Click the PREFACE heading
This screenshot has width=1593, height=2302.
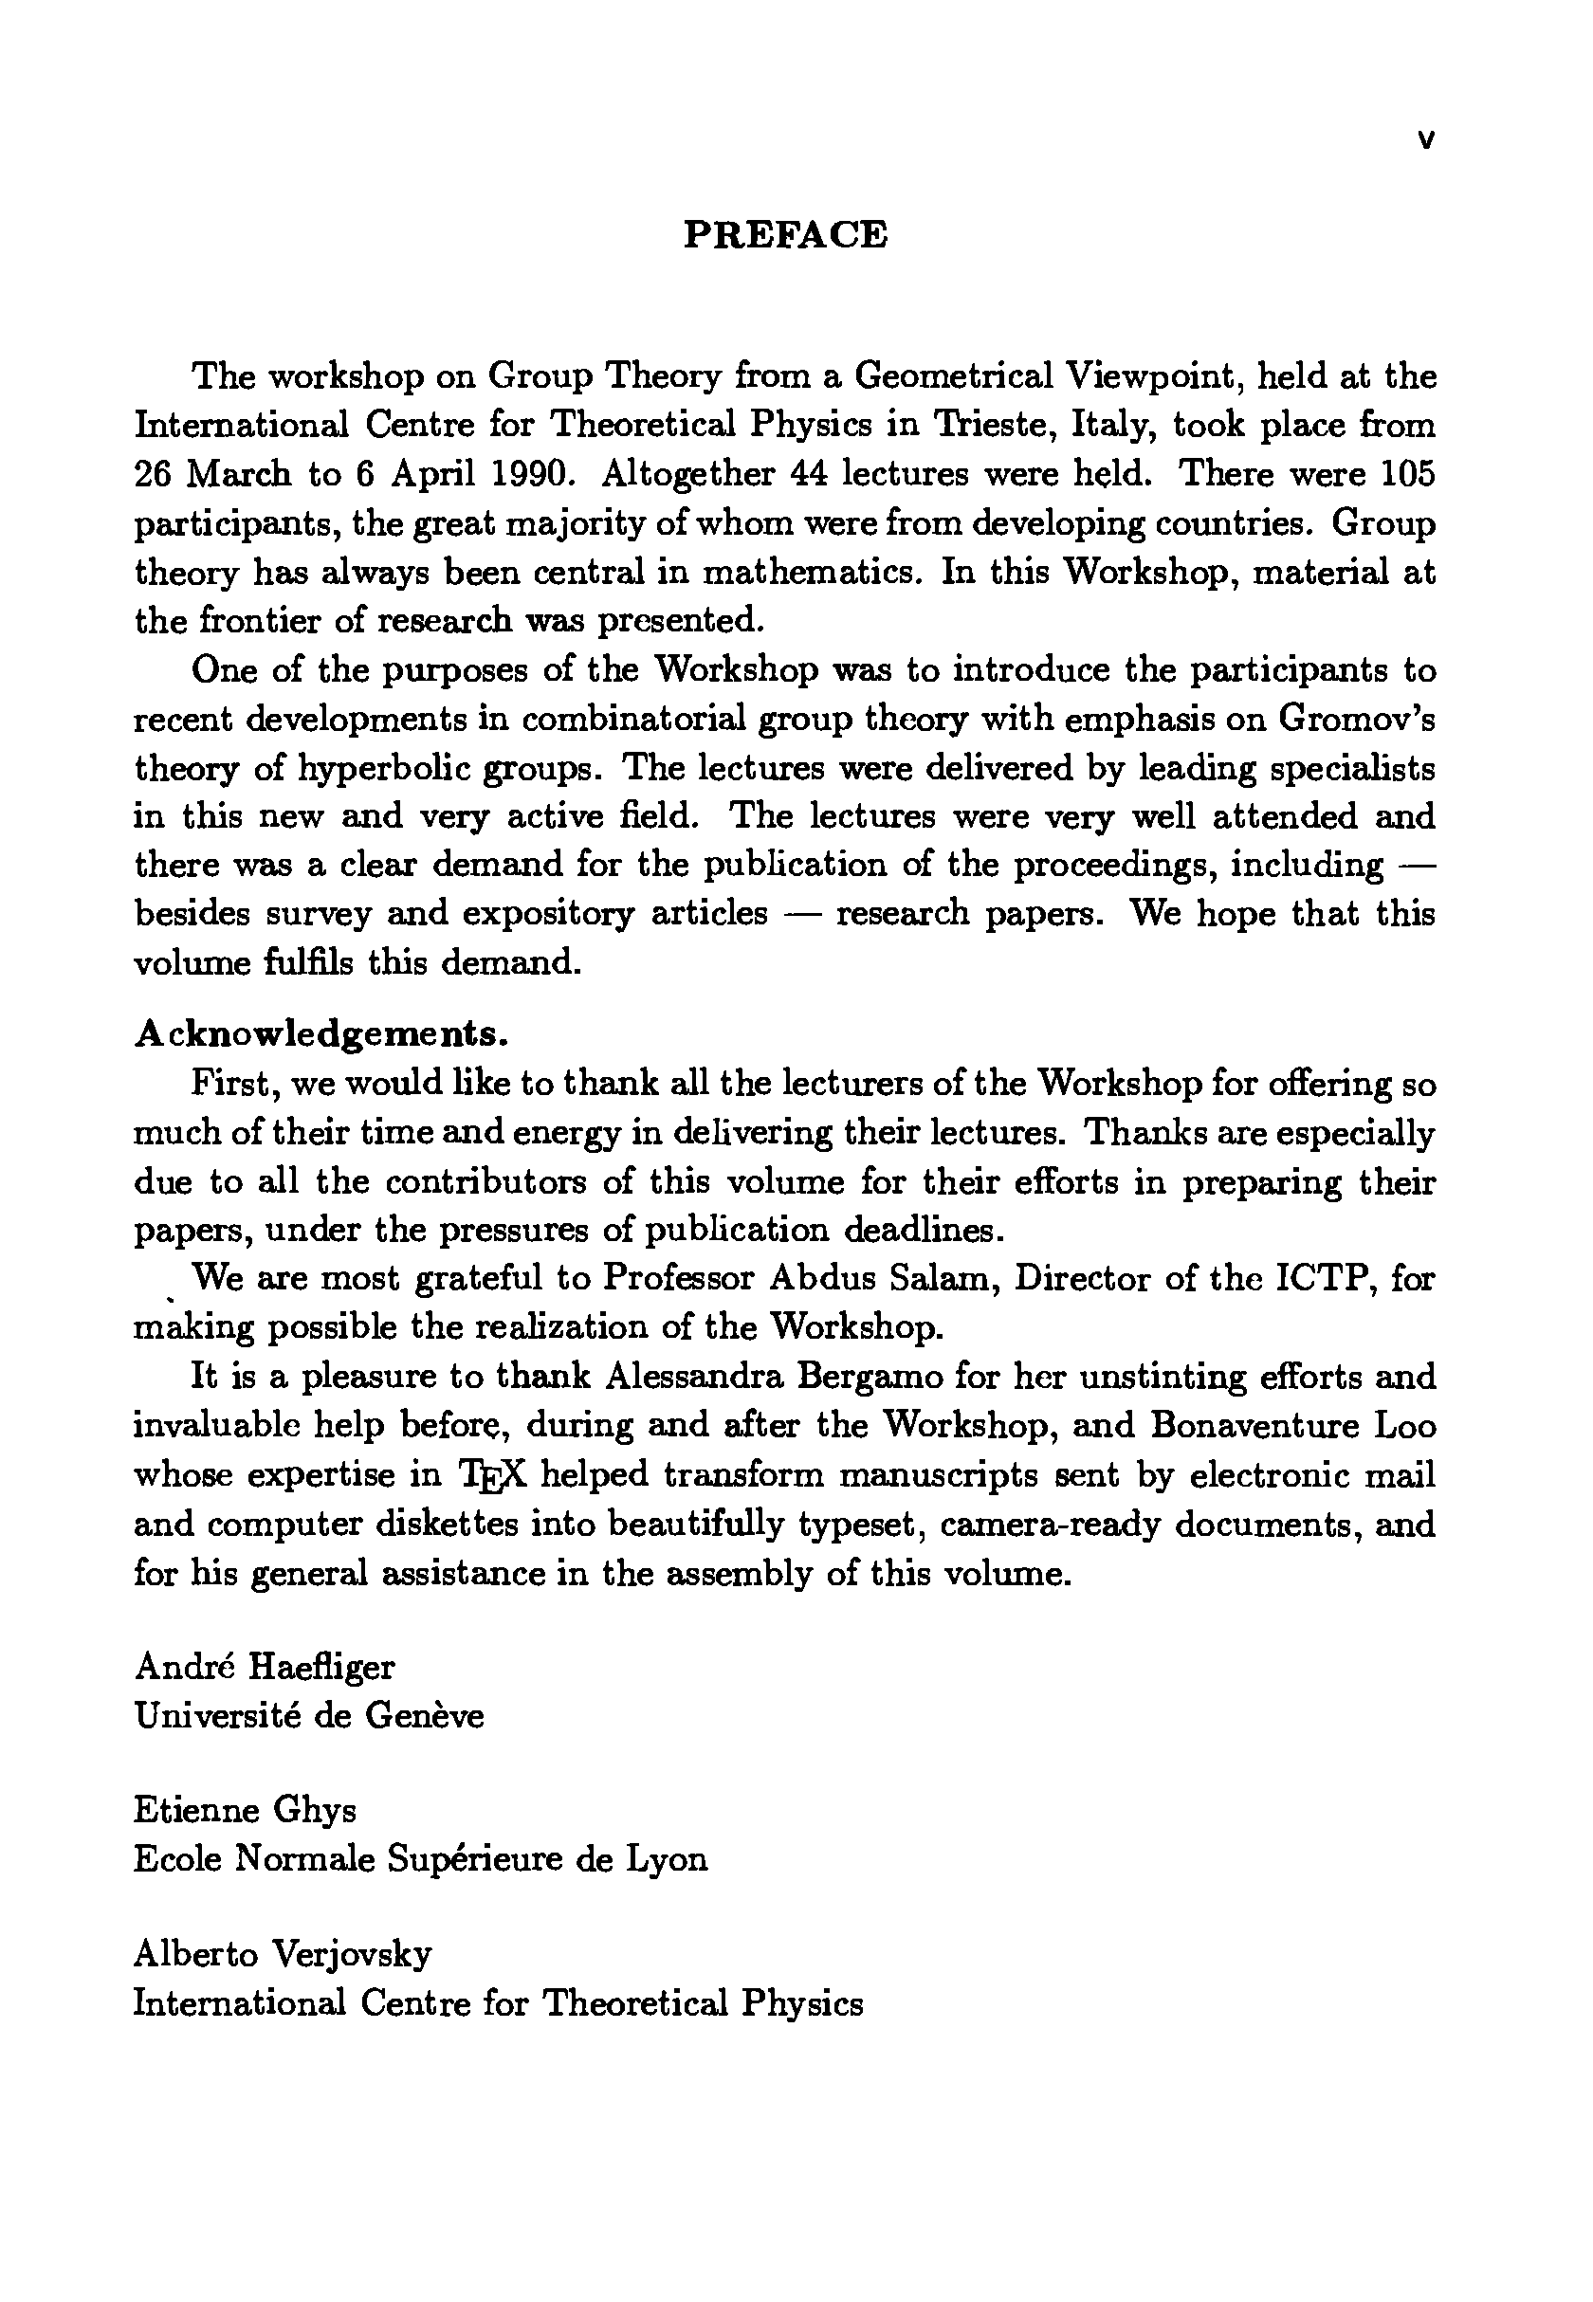pos(784,234)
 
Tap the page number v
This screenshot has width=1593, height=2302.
pos(1425,141)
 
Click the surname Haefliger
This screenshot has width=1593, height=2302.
pos(321,1667)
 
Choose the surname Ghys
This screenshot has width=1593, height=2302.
pos(315,1810)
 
